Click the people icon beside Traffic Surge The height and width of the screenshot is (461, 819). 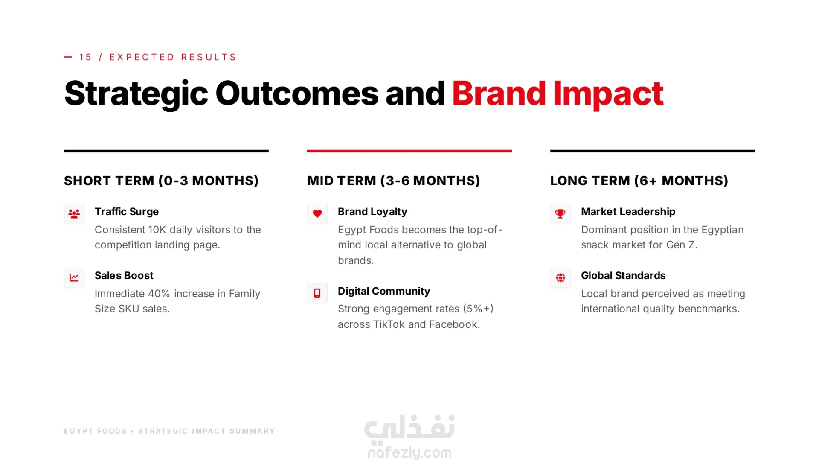point(74,214)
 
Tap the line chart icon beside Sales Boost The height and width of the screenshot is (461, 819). point(74,278)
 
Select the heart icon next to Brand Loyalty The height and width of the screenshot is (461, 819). point(317,214)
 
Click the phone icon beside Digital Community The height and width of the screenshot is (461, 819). point(317,293)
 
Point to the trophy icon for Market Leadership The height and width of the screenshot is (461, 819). point(561,214)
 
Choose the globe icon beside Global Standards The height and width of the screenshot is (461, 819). point(561,278)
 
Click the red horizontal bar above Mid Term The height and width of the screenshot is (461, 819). point(409,151)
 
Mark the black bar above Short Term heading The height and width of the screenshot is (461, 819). point(166,151)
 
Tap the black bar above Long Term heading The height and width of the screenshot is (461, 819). point(653,151)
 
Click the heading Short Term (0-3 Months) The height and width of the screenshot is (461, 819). point(161,181)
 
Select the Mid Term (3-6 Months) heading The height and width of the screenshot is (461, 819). point(394,181)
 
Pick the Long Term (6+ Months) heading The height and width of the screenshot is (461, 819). point(639,181)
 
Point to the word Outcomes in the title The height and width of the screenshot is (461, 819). point(297,93)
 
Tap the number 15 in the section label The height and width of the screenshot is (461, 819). point(85,57)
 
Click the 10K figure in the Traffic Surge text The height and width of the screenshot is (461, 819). point(157,230)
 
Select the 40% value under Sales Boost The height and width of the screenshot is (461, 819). point(159,294)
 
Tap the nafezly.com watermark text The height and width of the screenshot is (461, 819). point(409,452)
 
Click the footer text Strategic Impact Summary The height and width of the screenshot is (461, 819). point(206,431)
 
